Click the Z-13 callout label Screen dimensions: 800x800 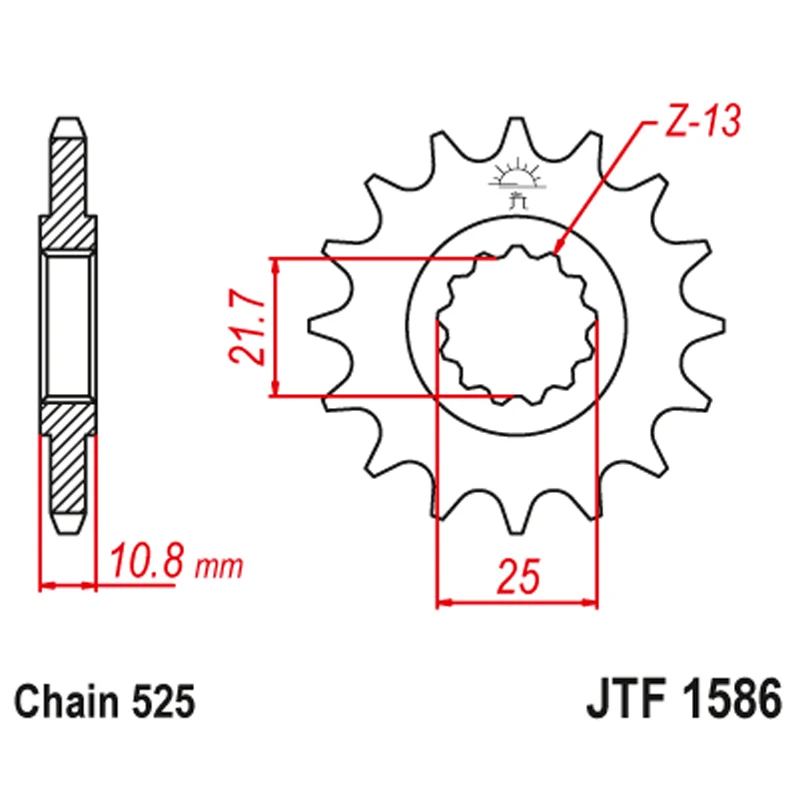703,121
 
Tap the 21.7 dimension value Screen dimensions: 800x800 248,327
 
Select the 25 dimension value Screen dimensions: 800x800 518,577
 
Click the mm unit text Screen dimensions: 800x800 220,566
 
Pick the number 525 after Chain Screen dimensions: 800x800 163,702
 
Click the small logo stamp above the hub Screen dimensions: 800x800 518,183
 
